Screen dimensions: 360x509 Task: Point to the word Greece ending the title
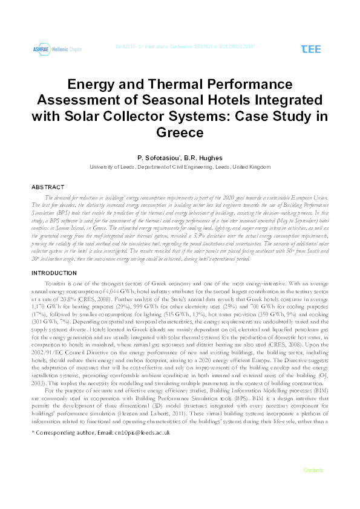tap(180, 131)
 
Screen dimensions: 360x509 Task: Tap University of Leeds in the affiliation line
tap(110, 167)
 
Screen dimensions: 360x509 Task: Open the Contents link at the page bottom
tap(313, 487)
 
